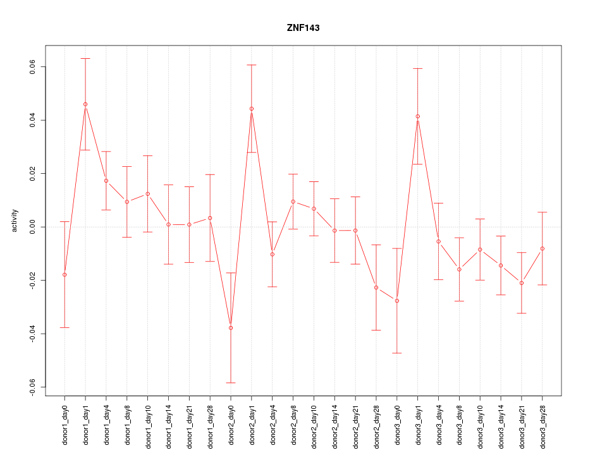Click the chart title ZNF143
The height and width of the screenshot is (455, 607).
click(x=303, y=28)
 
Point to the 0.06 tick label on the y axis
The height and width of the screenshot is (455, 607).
click(x=32, y=67)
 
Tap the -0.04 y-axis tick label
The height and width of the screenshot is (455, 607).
click(x=32, y=333)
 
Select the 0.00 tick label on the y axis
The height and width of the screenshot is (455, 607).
click(x=32, y=227)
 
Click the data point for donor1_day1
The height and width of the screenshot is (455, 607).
click(x=85, y=104)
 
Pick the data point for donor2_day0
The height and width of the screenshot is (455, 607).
click(x=231, y=328)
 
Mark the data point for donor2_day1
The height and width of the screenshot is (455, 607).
click(x=252, y=109)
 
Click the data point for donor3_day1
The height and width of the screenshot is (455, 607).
click(x=417, y=116)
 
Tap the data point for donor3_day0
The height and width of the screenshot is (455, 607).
click(x=397, y=301)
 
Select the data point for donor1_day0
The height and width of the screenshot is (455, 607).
click(x=64, y=275)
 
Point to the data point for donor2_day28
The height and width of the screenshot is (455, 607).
click(x=376, y=288)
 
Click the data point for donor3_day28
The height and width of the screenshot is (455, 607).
click(x=543, y=248)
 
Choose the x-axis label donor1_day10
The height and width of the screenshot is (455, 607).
click(x=148, y=422)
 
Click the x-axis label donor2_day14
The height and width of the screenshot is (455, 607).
click(x=334, y=422)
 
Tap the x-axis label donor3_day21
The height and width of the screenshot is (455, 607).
click(x=522, y=422)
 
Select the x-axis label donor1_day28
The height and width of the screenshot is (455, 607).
click(x=210, y=422)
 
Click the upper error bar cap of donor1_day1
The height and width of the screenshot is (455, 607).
click(x=85, y=58)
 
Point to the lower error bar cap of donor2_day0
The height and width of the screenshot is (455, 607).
click(x=231, y=383)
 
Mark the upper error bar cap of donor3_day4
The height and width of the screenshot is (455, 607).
click(x=438, y=203)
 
